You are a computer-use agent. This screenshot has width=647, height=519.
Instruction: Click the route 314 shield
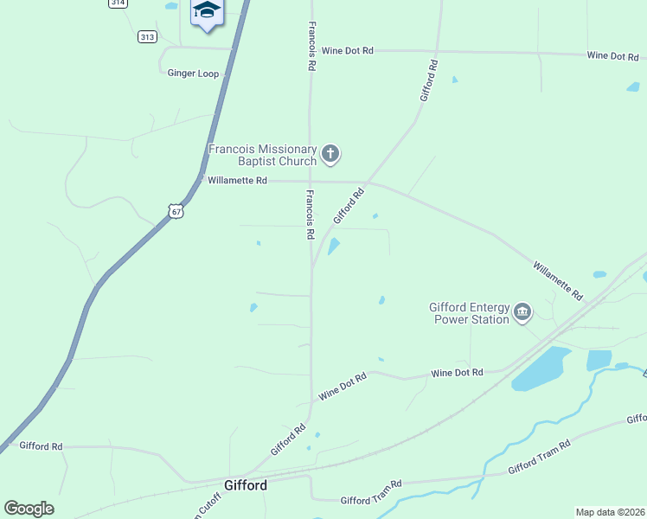click(x=119, y=3)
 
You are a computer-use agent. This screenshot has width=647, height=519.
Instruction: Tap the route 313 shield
click(x=147, y=36)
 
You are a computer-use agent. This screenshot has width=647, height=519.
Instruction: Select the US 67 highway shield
click(x=176, y=211)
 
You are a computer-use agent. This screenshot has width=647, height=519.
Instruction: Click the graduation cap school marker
click(x=207, y=11)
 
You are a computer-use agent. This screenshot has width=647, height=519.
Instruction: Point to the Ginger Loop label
click(x=194, y=74)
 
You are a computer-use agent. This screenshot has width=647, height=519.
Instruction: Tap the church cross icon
click(x=330, y=155)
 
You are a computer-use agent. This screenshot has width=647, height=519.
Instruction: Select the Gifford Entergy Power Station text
click(x=470, y=312)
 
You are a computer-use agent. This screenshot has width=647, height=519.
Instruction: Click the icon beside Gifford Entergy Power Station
click(x=522, y=311)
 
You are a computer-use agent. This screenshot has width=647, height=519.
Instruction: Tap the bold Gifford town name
click(x=246, y=485)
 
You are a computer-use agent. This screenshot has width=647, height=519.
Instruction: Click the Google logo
click(x=29, y=509)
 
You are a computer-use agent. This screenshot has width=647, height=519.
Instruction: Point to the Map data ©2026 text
click(x=610, y=512)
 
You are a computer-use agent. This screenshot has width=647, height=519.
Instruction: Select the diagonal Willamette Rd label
click(x=557, y=281)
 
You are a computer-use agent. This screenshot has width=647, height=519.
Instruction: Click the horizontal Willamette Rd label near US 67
click(x=236, y=181)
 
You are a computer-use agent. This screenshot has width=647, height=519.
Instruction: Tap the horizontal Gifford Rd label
click(x=41, y=446)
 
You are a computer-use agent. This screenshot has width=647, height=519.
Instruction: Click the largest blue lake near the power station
click(x=541, y=368)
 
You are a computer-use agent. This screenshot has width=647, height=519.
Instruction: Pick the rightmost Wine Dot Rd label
click(x=612, y=55)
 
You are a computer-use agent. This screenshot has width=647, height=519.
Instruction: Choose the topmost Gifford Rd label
click(x=429, y=80)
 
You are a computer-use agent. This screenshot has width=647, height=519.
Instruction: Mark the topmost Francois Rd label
click(x=311, y=47)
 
